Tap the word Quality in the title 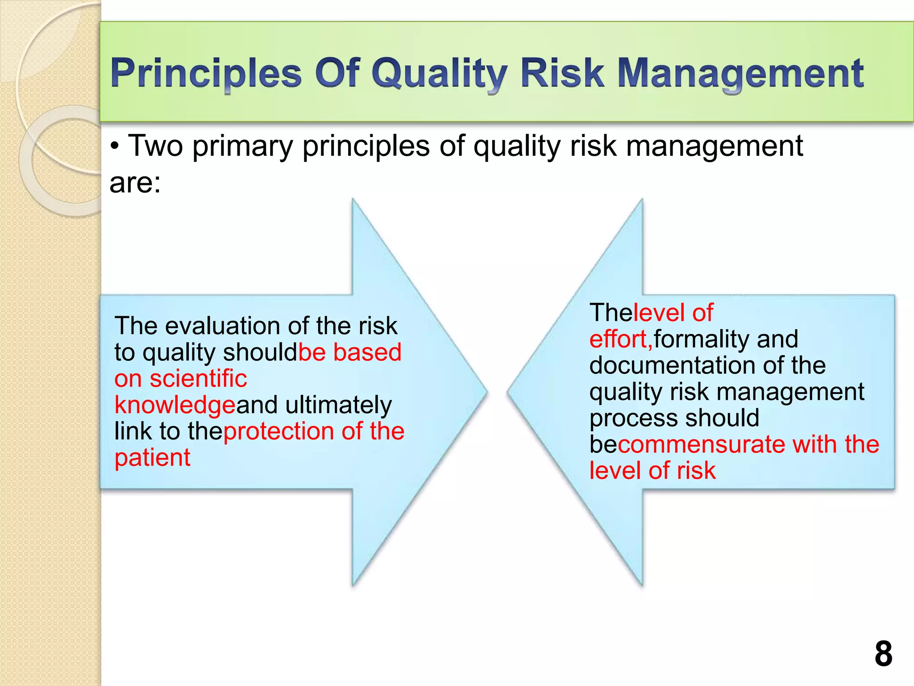click(x=439, y=74)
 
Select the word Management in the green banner click(x=740, y=74)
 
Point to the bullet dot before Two click(x=115, y=147)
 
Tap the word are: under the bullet click(x=135, y=183)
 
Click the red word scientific click(x=198, y=379)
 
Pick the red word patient click(x=152, y=458)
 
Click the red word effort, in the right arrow click(x=621, y=339)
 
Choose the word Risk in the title click(x=562, y=74)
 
